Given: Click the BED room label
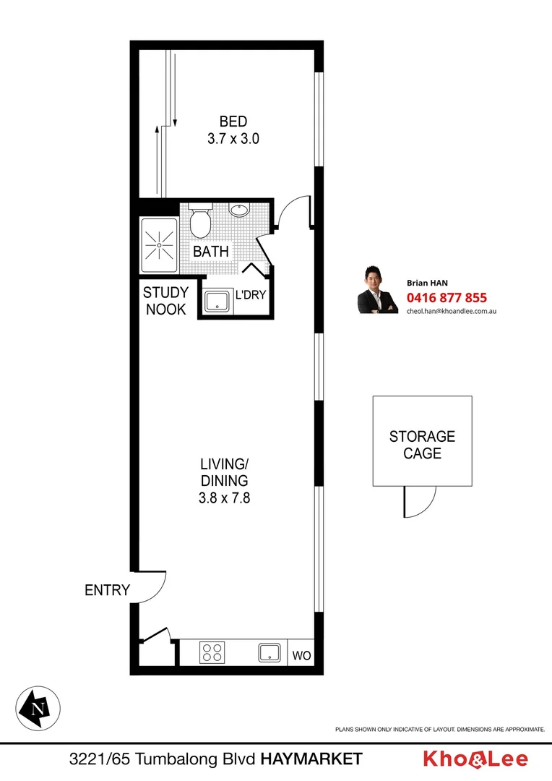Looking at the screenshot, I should click(x=233, y=121).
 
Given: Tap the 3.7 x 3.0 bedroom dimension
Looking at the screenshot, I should click(x=233, y=139).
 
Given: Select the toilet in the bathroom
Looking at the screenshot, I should click(x=199, y=222).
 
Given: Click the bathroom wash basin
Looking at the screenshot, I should click(x=239, y=210).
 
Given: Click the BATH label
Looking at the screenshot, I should click(x=211, y=252).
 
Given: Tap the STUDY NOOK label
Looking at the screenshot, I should click(x=165, y=301).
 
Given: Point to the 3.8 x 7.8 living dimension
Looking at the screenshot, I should click(x=225, y=498).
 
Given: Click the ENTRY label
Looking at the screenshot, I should click(x=107, y=590).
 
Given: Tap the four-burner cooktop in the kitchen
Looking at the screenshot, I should click(x=212, y=653).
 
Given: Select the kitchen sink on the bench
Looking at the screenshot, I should click(x=269, y=653).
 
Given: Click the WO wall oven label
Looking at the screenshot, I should click(x=301, y=657).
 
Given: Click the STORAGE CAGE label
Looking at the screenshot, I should click(x=422, y=445).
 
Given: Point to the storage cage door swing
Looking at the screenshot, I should click(x=419, y=502).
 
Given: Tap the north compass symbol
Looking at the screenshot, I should click(x=38, y=707).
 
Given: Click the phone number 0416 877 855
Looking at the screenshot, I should click(x=447, y=297).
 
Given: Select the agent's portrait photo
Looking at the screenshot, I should click(x=378, y=290).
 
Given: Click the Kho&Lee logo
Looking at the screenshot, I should click(x=475, y=759).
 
